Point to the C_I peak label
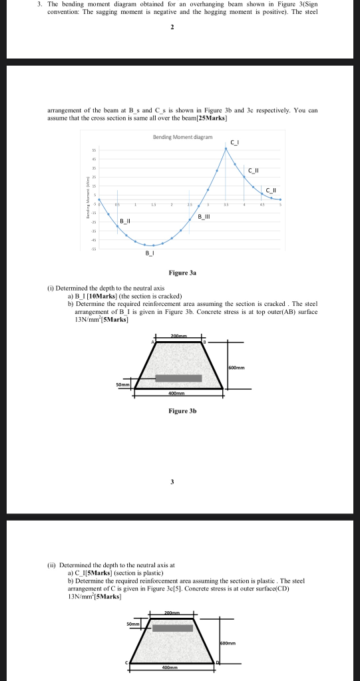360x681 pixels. [x=234, y=142]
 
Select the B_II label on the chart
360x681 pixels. [x=125, y=221]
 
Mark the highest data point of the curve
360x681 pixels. [x=226, y=148]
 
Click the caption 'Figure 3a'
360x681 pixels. [x=182, y=272]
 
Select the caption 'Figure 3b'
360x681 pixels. [x=182, y=411]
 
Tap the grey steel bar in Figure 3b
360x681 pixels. [x=178, y=378]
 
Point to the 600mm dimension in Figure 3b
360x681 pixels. [x=236, y=367]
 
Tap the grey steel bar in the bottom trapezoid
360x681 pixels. [x=172, y=628]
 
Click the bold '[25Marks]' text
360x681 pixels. [x=208, y=118]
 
